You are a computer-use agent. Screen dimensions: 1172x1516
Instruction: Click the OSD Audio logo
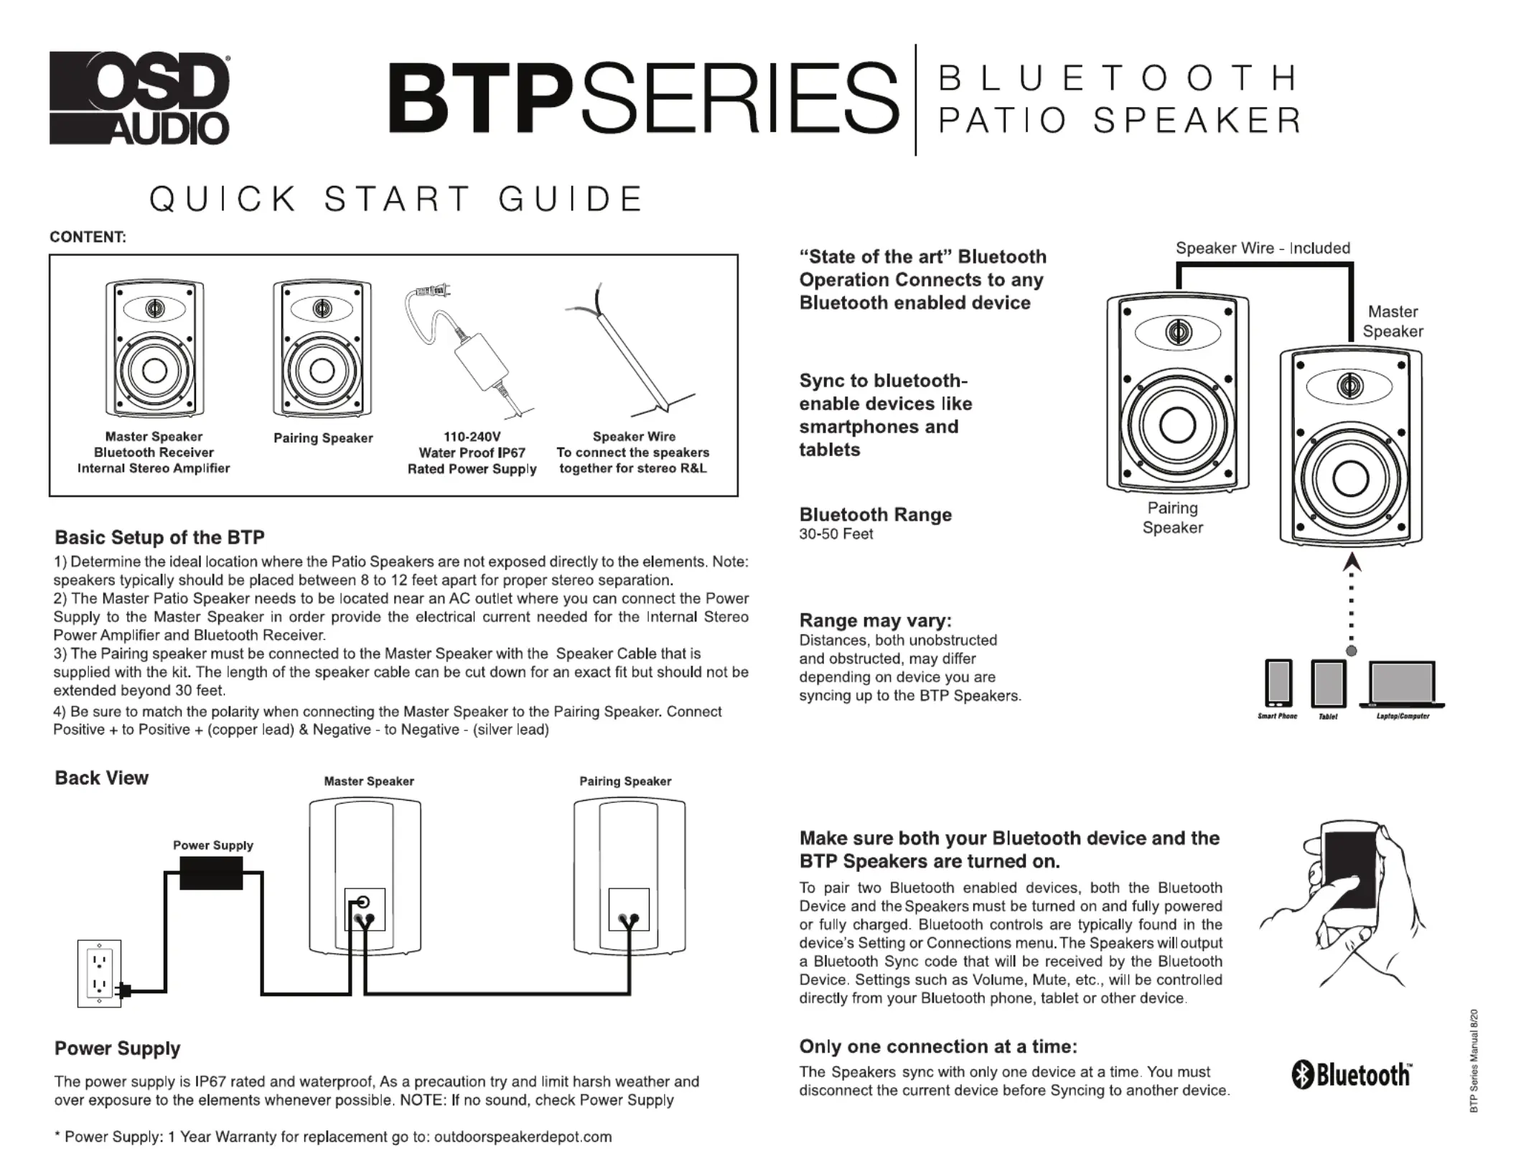(x=139, y=98)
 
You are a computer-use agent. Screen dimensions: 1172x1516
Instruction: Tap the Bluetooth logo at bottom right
(x=1352, y=1076)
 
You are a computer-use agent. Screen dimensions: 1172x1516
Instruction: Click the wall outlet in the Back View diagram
(x=100, y=973)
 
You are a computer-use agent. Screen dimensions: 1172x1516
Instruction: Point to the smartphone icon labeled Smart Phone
(x=1278, y=682)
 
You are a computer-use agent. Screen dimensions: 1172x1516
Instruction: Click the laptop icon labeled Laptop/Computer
(x=1402, y=684)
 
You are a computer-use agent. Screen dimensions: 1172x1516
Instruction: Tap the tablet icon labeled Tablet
(x=1328, y=684)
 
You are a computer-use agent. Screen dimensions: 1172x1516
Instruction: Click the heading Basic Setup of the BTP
(x=159, y=537)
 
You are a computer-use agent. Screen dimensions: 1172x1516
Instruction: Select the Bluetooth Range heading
(x=875, y=514)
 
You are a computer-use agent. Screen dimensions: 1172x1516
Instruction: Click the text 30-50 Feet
(x=836, y=534)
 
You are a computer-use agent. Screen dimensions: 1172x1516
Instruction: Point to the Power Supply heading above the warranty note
(x=117, y=1048)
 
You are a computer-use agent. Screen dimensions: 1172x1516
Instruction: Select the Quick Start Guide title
(x=396, y=199)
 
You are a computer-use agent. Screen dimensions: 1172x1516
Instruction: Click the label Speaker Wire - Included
(x=1263, y=248)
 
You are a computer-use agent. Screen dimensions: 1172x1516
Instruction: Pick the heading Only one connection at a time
(x=938, y=1046)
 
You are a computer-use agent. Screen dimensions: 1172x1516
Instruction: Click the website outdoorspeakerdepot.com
(x=523, y=1137)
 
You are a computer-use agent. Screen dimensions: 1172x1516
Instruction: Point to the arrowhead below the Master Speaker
(x=1351, y=562)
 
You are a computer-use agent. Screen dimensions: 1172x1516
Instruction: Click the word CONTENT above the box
(x=88, y=237)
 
